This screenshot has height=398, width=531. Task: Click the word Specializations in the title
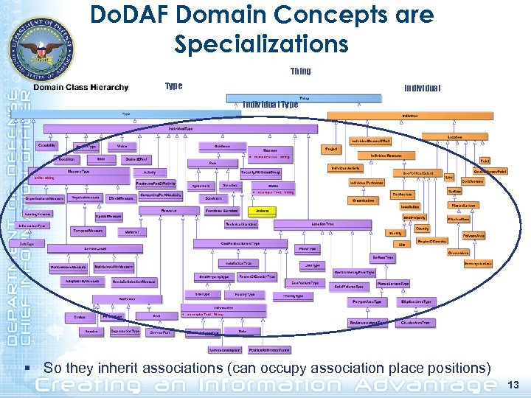pyautogui.click(x=261, y=43)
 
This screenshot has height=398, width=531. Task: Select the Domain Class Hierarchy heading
pyautogui.click(x=80, y=88)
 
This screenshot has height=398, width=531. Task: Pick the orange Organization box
pyautogui.click(x=363, y=200)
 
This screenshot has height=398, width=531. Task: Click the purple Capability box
pyautogui.click(x=46, y=145)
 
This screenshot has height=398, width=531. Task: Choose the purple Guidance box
pyautogui.click(x=222, y=146)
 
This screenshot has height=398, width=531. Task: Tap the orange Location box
pyautogui.click(x=454, y=137)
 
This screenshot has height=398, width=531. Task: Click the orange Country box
pyautogui.click(x=422, y=228)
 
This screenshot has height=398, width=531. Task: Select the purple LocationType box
pyautogui.click(x=322, y=223)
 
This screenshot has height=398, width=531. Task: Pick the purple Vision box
pyautogui.click(x=122, y=146)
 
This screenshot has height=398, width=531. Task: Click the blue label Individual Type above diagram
pyautogui.click(x=271, y=105)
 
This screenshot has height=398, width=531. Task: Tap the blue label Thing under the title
pyautogui.click(x=300, y=71)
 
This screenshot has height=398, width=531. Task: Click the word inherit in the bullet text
pyautogui.click(x=122, y=367)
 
